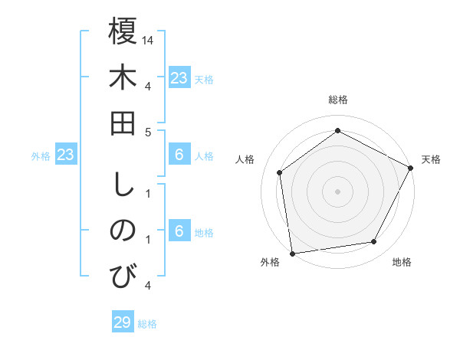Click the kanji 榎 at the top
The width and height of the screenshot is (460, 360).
(123, 31)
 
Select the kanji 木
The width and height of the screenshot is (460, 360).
(123, 78)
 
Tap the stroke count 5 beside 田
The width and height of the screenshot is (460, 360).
(149, 133)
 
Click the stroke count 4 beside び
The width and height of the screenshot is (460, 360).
(149, 286)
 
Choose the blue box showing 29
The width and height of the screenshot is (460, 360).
(123, 322)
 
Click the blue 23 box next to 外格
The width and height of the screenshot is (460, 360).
(66, 155)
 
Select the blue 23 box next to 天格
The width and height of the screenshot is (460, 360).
(179, 78)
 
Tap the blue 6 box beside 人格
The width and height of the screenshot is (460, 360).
(179, 155)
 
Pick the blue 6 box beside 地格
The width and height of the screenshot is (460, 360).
(179, 231)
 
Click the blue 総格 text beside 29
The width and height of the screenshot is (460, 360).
(147, 323)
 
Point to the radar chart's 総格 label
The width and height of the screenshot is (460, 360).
(337, 100)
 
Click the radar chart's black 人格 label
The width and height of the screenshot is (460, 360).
(245, 159)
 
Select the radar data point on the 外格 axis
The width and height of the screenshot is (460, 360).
(292, 253)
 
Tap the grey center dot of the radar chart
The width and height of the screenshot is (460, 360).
(337, 191)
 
